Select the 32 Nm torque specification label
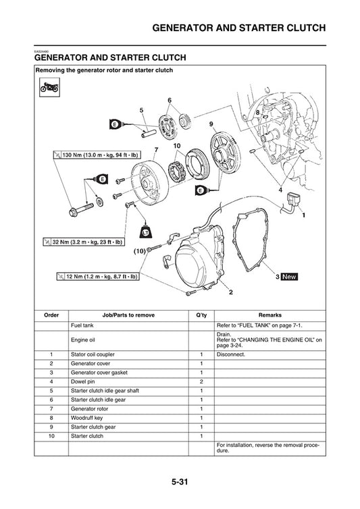pyautogui.click(x=82, y=241)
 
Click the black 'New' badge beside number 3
pyautogui.click(x=289, y=277)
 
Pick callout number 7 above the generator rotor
pyautogui.click(x=156, y=149)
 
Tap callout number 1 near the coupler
pyautogui.click(x=303, y=215)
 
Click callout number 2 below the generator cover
pyautogui.click(x=231, y=292)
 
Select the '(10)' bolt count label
pyautogui.click(x=139, y=250)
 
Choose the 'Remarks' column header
pyautogui.click(x=269, y=315)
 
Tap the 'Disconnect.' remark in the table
pyautogui.click(x=231, y=354)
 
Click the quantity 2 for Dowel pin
pyautogui.click(x=201, y=381)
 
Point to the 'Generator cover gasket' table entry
pyautogui.click(x=99, y=372)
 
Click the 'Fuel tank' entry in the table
pyautogui.click(x=83, y=325)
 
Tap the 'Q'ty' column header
pyautogui.click(x=201, y=315)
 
